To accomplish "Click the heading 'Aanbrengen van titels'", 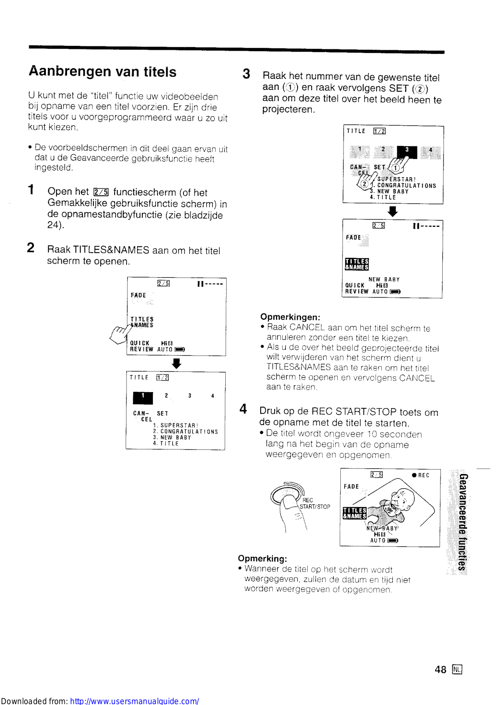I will pyautogui.click(x=103, y=72).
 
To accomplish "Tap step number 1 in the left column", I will pyautogui.click(x=31, y=190).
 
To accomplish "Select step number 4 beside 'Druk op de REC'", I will pyautogui.click(x=243, y=409).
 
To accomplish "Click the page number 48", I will pyautogui.click(x=440, y=670).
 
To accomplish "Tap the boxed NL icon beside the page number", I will pyautogui.click(x=457, y=670).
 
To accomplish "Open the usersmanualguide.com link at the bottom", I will pyautogui.click(x=134, y=701).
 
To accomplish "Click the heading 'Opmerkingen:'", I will pyautogui.click(x=290, y=317).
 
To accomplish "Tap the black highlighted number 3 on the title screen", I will pyautogui.click(x=406, y=151).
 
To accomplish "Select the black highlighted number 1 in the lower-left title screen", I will pyautogui.click(x=143, y=397).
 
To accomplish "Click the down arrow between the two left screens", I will pyautogui.click(x=176, y=364).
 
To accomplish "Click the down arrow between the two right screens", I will pyautogui.click(x=392, y=211).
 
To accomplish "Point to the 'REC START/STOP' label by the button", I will pyautogui.click(x=314, y=504).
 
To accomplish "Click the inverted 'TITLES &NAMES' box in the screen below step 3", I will pyautogui.click(x=356, y=264).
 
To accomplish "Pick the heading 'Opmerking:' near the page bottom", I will pyautogui.click(x=262, y=559).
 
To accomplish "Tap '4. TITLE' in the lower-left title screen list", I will pyautogui.click(x=166, y=444).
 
